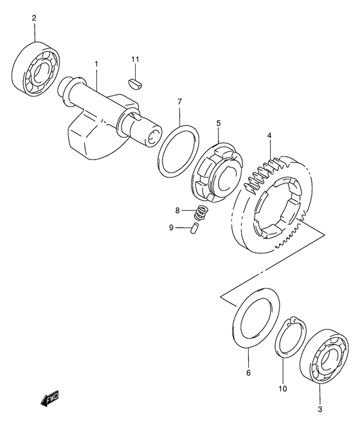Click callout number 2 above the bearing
(x=34, y=18)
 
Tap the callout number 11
(x=135, y=59)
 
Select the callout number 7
(x=179, y=102)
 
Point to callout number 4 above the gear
(x=269, y=135)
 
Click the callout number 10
(x=283, y=388)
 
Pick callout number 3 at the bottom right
(x=320, y=409)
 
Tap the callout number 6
(x=248, y=373)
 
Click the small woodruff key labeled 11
(x=135, y=84)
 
